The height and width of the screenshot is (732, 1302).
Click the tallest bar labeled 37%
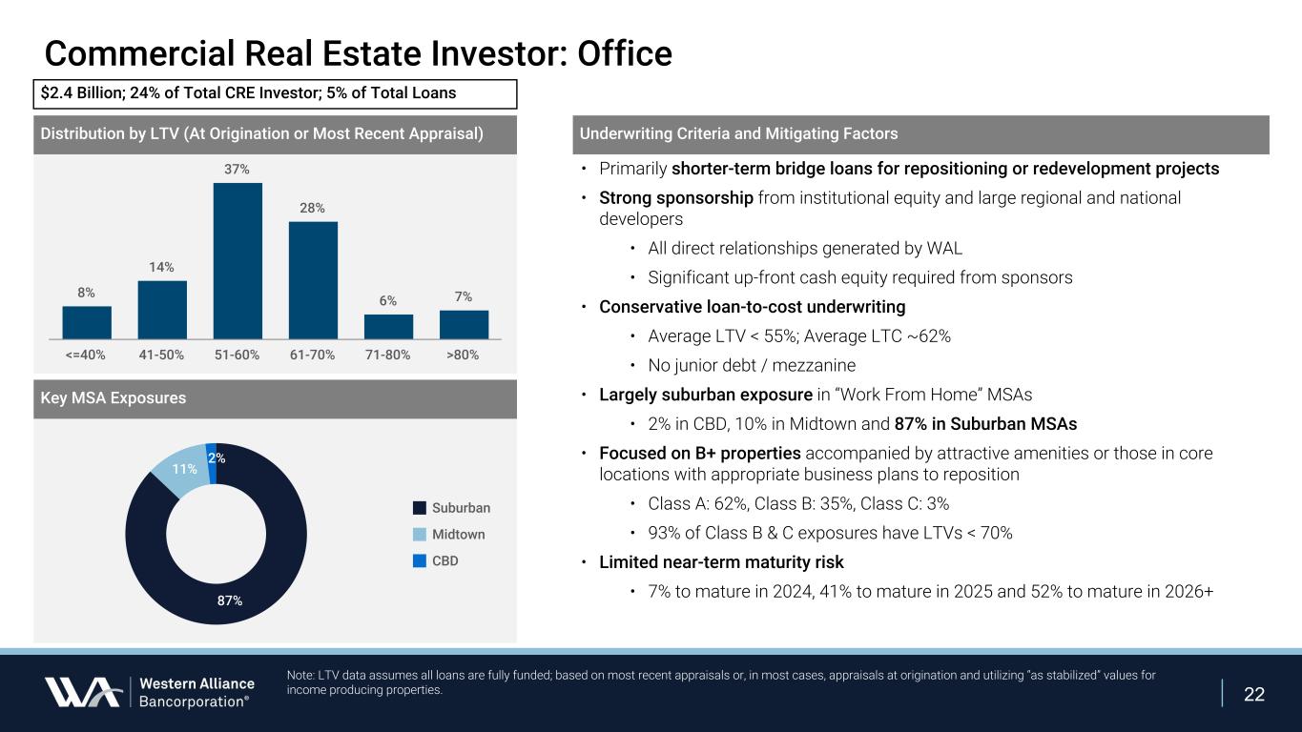point(238,260)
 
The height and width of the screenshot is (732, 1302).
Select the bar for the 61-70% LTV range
point(313,280)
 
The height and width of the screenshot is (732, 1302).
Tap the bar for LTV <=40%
point(87,322)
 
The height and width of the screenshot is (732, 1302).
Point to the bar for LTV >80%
point(464,324)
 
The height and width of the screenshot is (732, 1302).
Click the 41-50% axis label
point(162,355)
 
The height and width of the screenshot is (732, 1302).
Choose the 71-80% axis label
point(388,355)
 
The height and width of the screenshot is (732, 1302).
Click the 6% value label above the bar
point(388,300)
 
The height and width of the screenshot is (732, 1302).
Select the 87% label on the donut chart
point(230,600)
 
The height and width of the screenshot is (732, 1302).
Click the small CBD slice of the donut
point(212,451)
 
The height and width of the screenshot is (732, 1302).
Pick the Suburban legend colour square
point(420,508)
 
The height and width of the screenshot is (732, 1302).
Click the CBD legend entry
point(444,561)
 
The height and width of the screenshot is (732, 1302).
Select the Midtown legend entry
point(458,535)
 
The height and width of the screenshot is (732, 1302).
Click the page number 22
point(1254,694)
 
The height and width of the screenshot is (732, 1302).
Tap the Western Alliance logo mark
point(82,692)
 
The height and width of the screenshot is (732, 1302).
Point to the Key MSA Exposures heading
point(114,398)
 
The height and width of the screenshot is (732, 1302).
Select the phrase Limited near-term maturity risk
point(721,562)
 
